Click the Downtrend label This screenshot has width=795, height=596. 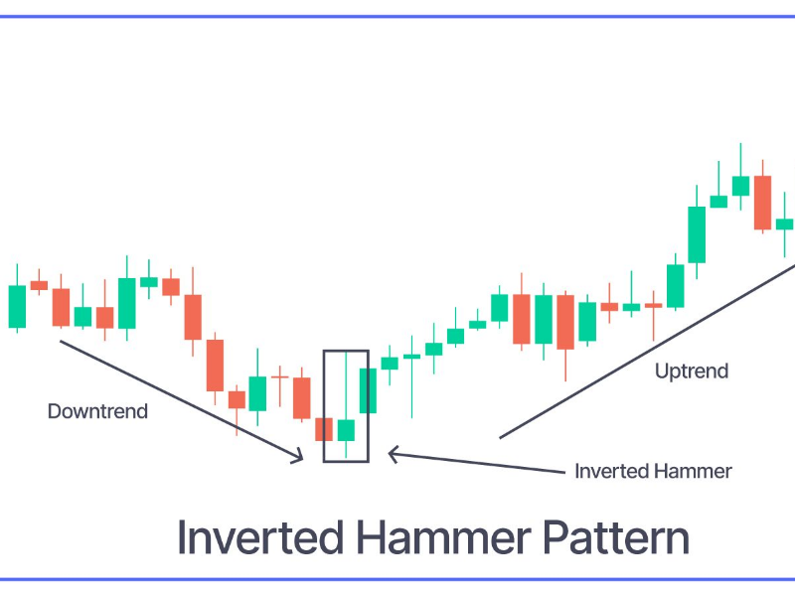click(97, 410)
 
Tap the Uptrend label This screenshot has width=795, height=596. click(692, 371)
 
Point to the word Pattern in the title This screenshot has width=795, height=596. click(616, 537)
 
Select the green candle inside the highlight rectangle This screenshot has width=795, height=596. click(346, 429)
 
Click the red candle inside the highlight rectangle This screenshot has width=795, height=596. click(324, 428)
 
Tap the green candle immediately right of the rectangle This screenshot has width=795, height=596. click(368, 390)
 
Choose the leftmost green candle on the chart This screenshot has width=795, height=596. click(17, 306)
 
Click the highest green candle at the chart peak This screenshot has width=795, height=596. click(740, 185)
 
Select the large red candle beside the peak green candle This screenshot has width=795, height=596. click(762, 203)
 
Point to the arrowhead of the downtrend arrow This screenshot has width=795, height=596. click(298, 457)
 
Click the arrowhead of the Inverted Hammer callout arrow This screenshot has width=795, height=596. click(393, 454)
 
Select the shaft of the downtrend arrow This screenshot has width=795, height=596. click(179, 397)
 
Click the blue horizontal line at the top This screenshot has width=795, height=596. click(397, 17)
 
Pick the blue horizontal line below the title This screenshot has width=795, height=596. click(397, 579)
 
